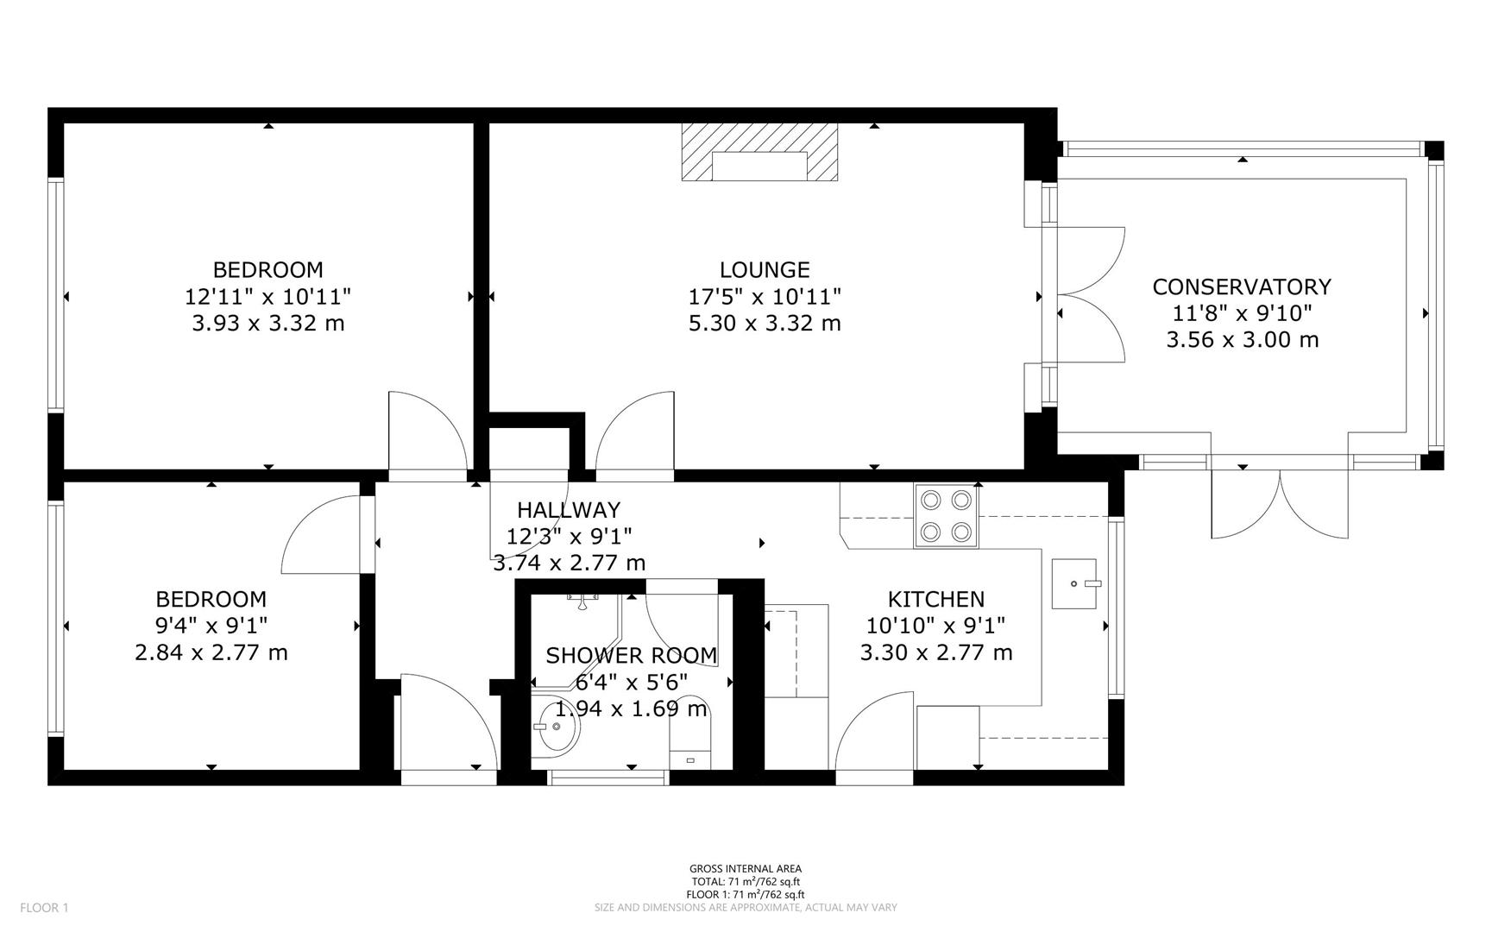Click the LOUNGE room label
(765, 270)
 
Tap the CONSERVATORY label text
(1242, 287)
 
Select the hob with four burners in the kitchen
(947, 516)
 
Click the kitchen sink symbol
(1074, 584)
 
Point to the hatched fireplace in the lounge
(759, 152)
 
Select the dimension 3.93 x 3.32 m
(268, 324)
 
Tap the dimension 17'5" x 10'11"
(765, 297)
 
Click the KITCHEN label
(936, 599)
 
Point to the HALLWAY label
(568, 510)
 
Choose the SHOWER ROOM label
(631, 656)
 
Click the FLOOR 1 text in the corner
(44, 907)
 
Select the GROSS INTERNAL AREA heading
(746, 869)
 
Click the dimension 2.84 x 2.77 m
(211, 652)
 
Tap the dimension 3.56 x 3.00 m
(1242, 340)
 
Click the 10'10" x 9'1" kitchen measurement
(936, 626)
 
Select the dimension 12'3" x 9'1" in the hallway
(568, 537)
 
